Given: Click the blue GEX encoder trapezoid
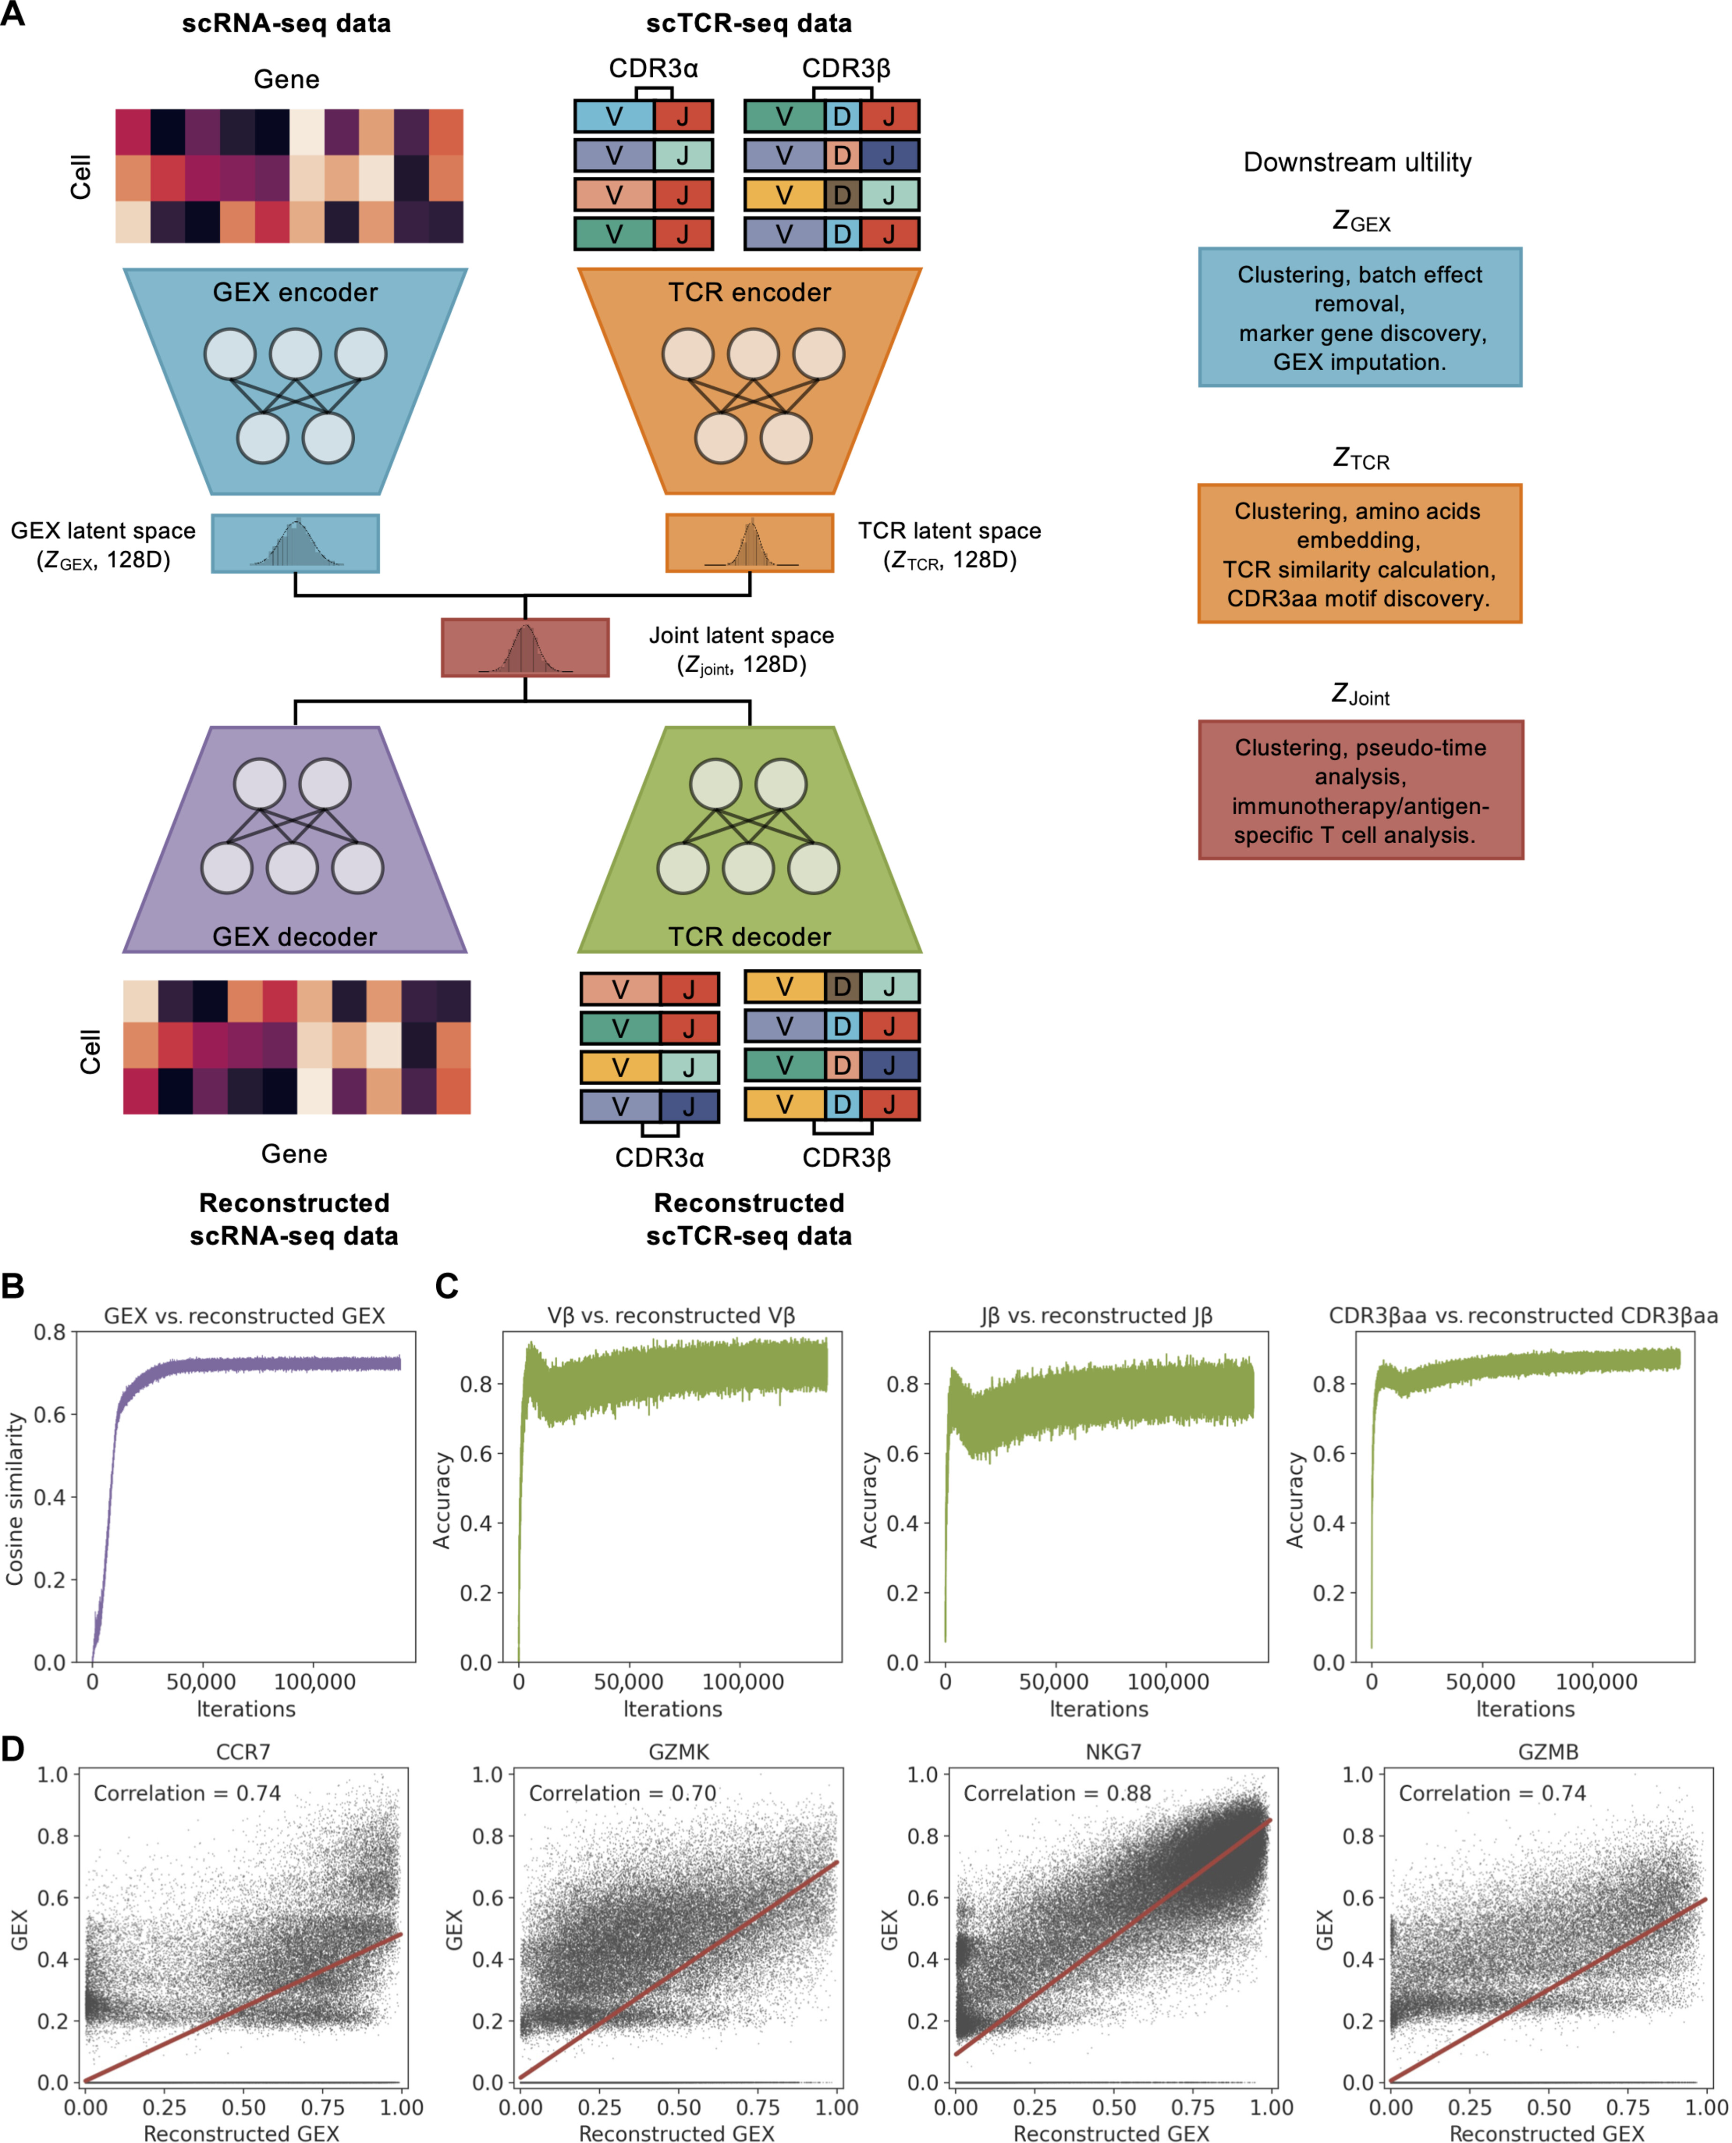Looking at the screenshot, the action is click(295, 381).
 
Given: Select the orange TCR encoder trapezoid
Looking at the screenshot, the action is click(749, 381).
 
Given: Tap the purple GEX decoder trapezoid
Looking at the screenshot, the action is click(295, 839).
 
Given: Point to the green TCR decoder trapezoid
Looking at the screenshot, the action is click(749, 839).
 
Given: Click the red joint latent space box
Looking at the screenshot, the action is click(526, 647).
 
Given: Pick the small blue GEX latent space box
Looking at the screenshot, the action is click(295, 543).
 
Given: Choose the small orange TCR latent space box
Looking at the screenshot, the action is click(749, 543).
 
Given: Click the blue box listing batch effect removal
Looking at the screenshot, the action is click(1360, 317).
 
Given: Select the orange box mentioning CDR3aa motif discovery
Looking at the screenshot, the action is click(1360, 554).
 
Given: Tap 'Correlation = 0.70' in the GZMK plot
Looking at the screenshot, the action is click(623, 1793).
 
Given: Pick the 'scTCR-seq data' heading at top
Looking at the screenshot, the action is click(749, 23).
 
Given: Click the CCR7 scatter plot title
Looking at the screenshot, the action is click(243, 1752).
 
